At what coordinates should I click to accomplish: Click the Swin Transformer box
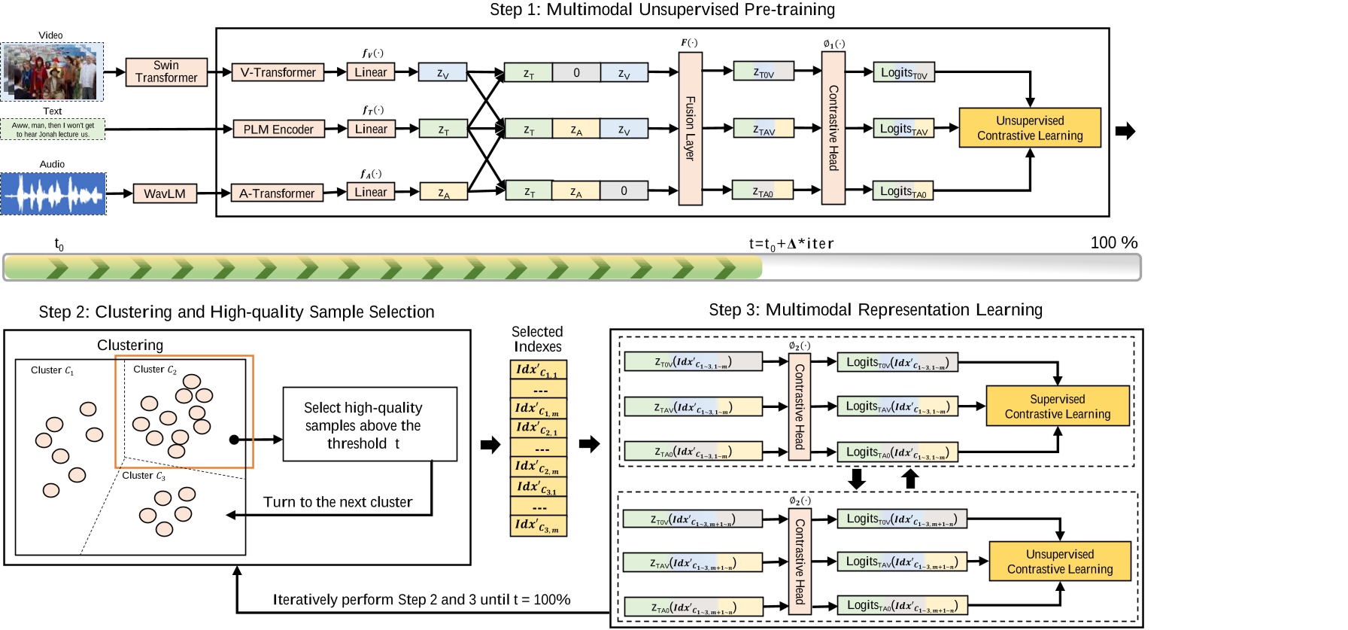click(166, 72)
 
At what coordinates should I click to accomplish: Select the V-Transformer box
click(278, 72)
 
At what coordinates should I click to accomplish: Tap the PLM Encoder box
click(278, 129)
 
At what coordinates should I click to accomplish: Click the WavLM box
click(165, 193)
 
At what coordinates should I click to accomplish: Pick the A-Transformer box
click(277, 193)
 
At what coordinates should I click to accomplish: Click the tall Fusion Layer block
click(690, 129)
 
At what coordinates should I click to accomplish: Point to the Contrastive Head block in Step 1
click(833, 128)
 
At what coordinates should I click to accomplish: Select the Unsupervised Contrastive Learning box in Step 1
click(1030, 128)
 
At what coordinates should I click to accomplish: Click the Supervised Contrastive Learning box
click(1057, 406)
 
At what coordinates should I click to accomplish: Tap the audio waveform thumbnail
click(53, 193)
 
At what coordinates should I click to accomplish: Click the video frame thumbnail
click(52, 72)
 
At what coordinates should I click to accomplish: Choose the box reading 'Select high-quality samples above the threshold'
click(369, 425)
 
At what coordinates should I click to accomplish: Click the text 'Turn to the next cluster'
click(338, 502)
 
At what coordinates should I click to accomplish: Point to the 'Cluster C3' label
click(144, 476)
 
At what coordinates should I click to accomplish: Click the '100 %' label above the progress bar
click(1113, 242)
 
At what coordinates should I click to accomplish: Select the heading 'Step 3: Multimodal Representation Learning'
click(876, 309)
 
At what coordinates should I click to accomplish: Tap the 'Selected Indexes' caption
click(537, 339)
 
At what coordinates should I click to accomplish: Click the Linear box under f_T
click(371, 129)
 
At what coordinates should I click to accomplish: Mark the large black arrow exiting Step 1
click(1125, 131)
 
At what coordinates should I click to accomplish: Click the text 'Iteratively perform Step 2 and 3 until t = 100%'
click(421, 600)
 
